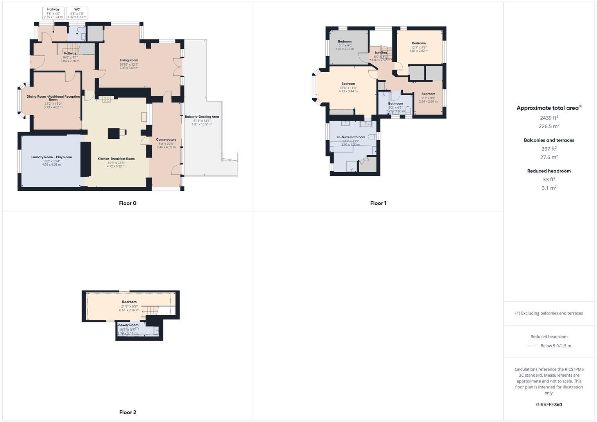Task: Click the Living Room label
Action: click(129, 61)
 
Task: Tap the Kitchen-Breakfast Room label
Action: click(116, 159)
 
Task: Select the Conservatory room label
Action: click(166, 139)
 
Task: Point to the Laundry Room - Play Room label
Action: click(52, 157)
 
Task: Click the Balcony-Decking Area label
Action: click(202, 117)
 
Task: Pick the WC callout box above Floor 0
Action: click(77, 13)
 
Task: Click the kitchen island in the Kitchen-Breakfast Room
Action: click(114, 134)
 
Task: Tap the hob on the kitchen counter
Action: click(107, 100)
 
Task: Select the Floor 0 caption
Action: click(127, 203)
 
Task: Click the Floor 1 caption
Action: click(378, 203)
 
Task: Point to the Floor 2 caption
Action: click(127, 412)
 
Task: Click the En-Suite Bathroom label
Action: click(351, 137)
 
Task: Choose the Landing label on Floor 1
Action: click(380, 52)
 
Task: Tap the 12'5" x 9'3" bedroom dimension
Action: click(419, 47)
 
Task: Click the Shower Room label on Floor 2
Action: click(127, 325)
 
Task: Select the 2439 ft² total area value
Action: click(549, 118)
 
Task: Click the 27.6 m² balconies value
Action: click(549, 157)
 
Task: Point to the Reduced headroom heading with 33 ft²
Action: click(549, 171)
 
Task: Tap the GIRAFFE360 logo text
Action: click(549, 405)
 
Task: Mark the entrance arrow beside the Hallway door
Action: click(30, 62)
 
